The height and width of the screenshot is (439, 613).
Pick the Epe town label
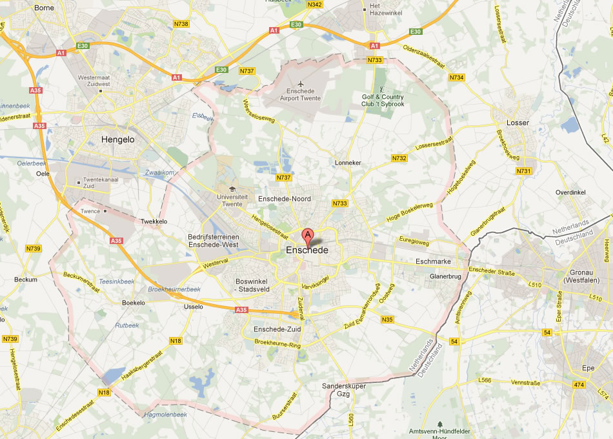588,367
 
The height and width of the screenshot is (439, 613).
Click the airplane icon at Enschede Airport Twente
300,83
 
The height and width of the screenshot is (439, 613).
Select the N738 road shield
181,24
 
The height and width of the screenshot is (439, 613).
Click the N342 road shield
315,5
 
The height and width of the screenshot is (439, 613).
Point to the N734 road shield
457,77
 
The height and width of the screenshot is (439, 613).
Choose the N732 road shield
399,158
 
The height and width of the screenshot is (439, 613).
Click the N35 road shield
387,320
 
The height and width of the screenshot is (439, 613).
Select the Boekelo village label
133,302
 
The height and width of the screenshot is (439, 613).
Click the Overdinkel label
570,193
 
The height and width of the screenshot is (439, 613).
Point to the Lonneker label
348,163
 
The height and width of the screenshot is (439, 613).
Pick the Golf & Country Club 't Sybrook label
383,100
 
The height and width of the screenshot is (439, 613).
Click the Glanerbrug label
445,276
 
